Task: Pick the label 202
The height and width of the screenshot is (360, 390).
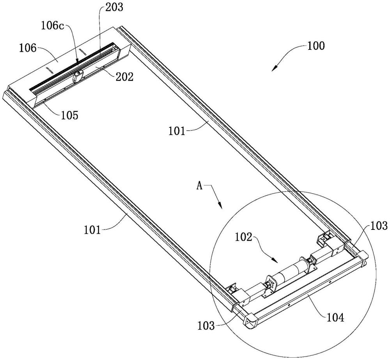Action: click(x=124, y=77)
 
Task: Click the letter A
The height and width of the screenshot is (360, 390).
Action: click(x=199, y=186)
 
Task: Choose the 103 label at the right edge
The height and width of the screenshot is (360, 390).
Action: click(x=379, y=226)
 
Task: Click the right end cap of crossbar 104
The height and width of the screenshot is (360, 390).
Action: click(x=363, y=258)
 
